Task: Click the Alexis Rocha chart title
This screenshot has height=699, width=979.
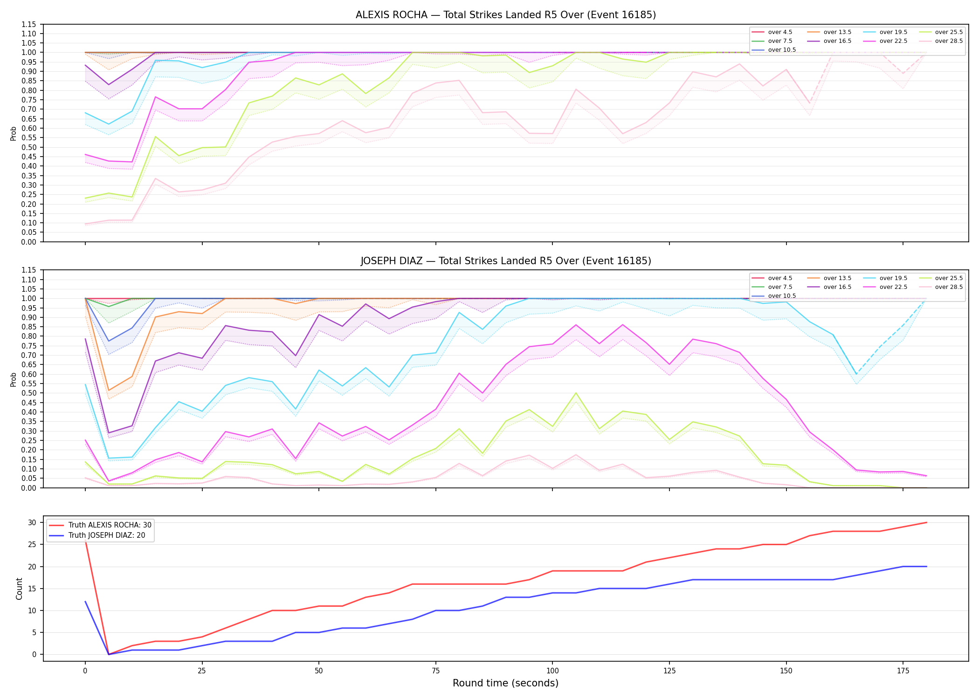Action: pyautogui.click(x=506, y=15)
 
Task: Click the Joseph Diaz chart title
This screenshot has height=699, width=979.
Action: pyautogui.click(x=506, y=261)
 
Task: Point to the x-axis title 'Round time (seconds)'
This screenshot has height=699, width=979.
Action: pyautogui.click(x=506, y=683)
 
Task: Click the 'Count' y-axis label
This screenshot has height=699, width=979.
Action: pyautogui.click(x=19, y=589)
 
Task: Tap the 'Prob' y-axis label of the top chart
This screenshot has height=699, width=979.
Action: pyautogui.click(x=14, y=133)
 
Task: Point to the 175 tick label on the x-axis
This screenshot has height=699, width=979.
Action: pyautogui.click(x=903, y=671)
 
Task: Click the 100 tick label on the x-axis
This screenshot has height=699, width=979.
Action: pyautogui.click(x=552, y=671)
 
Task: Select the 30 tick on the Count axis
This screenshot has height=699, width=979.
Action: pyautogui.click(x=33, y=522)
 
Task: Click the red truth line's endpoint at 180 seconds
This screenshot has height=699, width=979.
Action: pyautogui.click(x=926, y=522)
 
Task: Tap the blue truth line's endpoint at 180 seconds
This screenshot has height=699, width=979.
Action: pyautogui.click(x=926, y=567)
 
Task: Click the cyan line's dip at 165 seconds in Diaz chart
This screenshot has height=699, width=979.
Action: pyautogui.click(x=856, y=374)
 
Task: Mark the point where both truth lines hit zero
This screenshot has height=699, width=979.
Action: pyautogui.click(x=109, y=654)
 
